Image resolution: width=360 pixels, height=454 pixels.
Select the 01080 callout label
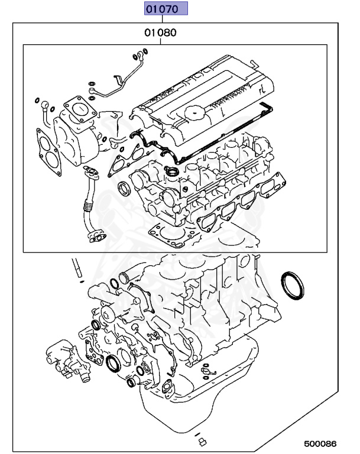click(161, 33)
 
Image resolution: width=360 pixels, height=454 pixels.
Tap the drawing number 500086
click(320, 442)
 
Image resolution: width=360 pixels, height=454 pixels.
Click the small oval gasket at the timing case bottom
click(164, 388)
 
